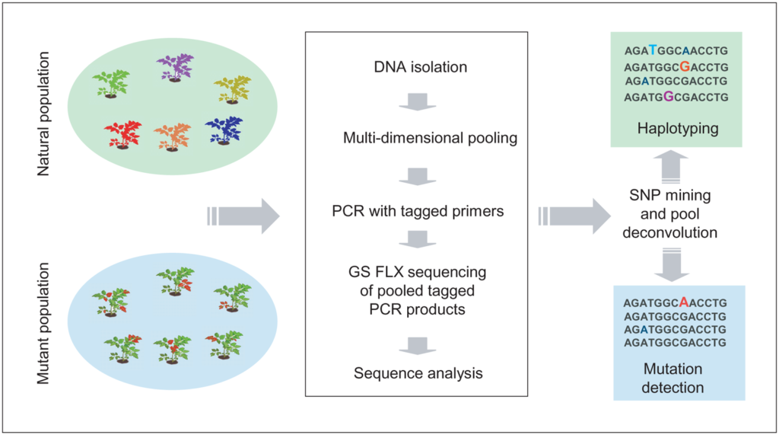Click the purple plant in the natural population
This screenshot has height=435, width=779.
pos(175,67)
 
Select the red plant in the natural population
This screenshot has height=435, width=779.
pos(122,134)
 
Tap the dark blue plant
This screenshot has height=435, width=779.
pos(224,130)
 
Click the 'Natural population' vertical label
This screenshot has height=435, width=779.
pos(43,114)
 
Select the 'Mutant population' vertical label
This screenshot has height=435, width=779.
pos(43,324)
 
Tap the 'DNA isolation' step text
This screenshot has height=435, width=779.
pos(420,67)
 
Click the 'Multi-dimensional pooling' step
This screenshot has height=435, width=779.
pos(431,138)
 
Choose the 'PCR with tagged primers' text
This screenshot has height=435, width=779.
pos(418,211)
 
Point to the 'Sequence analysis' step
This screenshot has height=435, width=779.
pos(418,373)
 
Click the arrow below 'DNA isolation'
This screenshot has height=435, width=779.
pos(418,101)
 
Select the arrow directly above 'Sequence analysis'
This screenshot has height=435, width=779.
pos(418,346)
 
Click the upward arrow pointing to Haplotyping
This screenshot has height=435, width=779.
pos(671,167)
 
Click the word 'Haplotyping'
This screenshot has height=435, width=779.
pos(678,129)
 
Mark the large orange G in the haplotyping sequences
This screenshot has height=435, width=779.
pos(685,66)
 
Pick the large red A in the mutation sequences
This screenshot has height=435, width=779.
pos(684,302)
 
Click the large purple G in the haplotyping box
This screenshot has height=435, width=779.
pos(669,97)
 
